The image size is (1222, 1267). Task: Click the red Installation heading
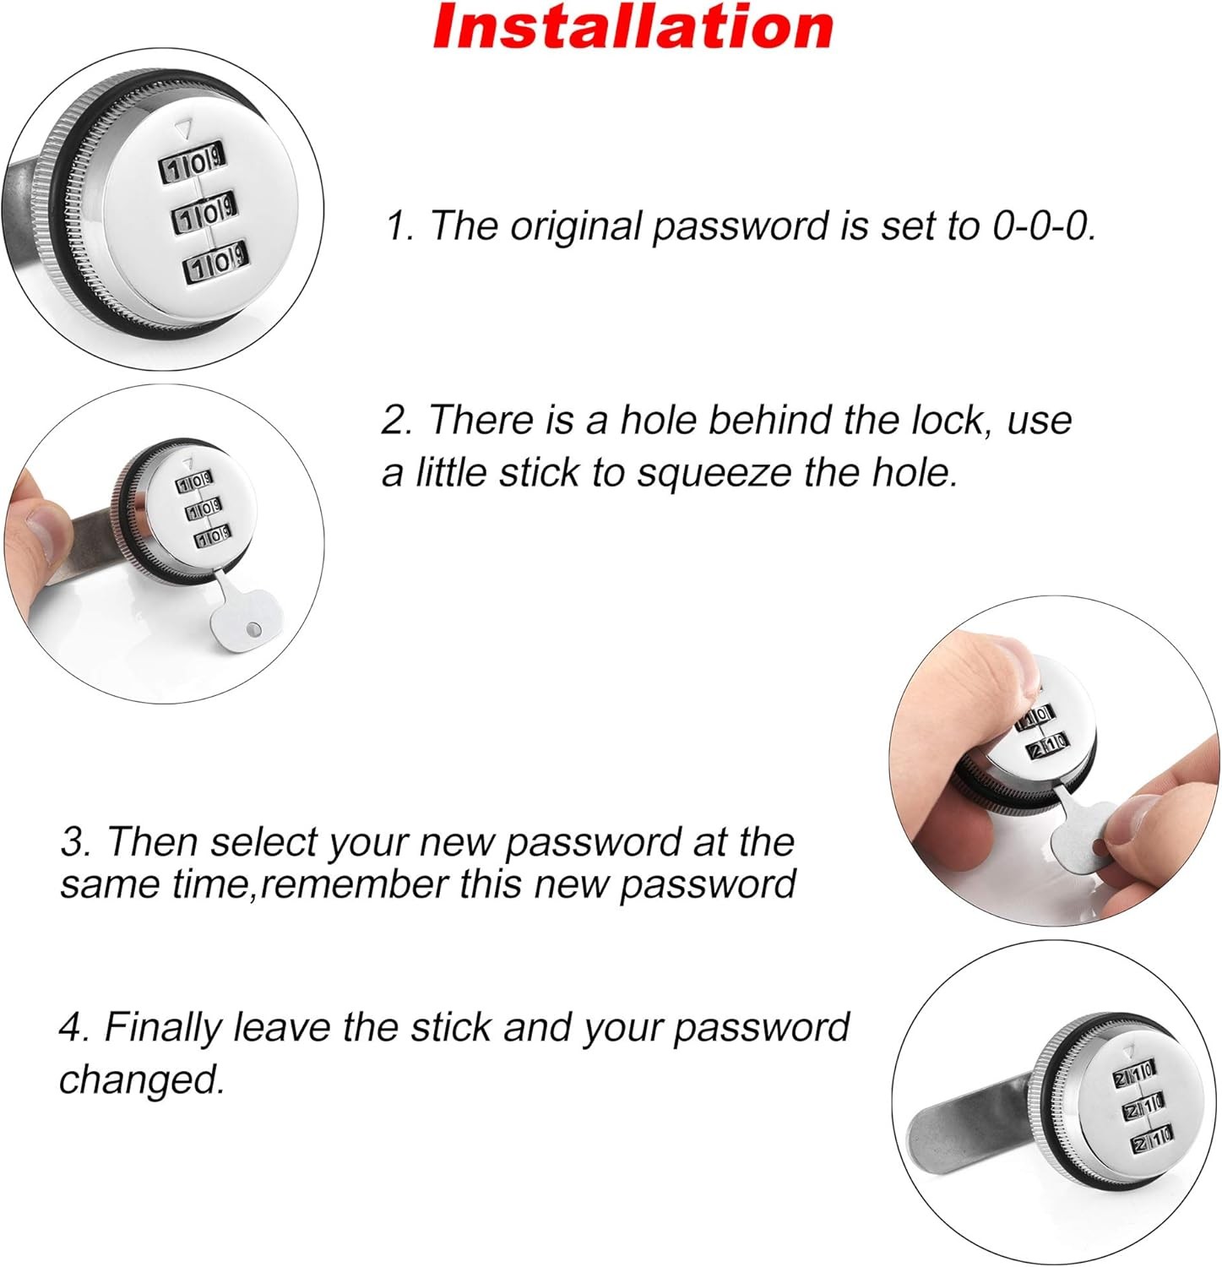(633, 27)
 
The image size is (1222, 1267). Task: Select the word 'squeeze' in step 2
(714, 473)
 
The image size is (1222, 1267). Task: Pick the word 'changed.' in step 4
(142, 1079)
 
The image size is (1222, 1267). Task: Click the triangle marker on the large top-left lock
(183, 129)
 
